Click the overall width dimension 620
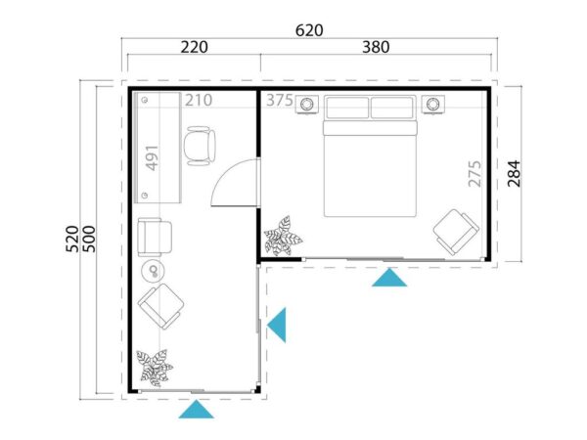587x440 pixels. tap(309, 30)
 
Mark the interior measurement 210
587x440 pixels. tap(199, 100)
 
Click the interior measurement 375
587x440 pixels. tap(279, 100)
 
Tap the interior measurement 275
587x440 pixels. tap(474, 173)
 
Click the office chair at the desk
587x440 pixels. tap(202, 147)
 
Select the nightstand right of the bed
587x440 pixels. tap(433, 104)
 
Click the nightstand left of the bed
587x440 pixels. tap(307, 104)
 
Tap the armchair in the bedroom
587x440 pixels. tap(455, 232)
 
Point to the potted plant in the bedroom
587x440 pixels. tap(283, 236)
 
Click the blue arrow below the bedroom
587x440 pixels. tap(390, 279)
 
